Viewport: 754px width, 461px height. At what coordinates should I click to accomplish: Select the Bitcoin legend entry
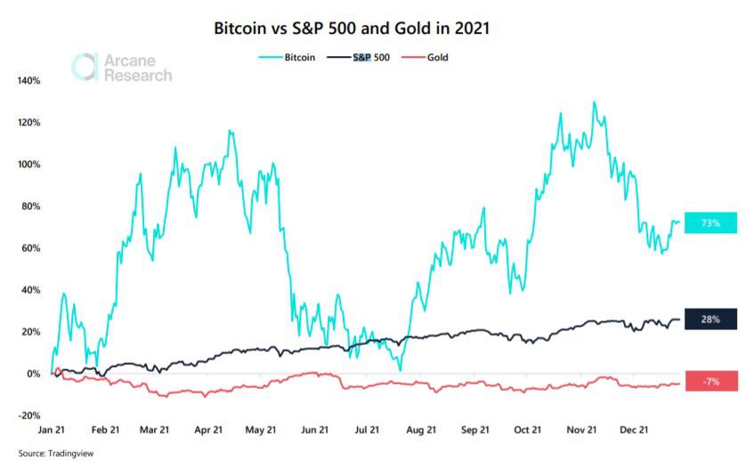288,57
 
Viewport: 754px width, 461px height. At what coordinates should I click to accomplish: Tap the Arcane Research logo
122,69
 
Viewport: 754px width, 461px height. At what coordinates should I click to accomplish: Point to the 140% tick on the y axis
28,81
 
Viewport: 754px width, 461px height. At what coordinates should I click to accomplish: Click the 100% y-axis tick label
28,165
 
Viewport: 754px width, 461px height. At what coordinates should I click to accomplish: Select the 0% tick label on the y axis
33,374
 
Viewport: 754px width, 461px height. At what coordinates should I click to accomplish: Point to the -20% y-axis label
28,416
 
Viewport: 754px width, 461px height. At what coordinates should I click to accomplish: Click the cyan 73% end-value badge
710,222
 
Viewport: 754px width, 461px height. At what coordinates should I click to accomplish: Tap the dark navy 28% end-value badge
710,319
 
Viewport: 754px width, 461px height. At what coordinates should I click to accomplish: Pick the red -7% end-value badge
710,381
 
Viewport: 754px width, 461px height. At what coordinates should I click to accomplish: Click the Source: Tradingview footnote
55,453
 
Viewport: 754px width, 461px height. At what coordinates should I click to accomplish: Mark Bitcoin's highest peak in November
593,102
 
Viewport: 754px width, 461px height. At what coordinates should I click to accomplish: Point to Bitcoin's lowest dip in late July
401,369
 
